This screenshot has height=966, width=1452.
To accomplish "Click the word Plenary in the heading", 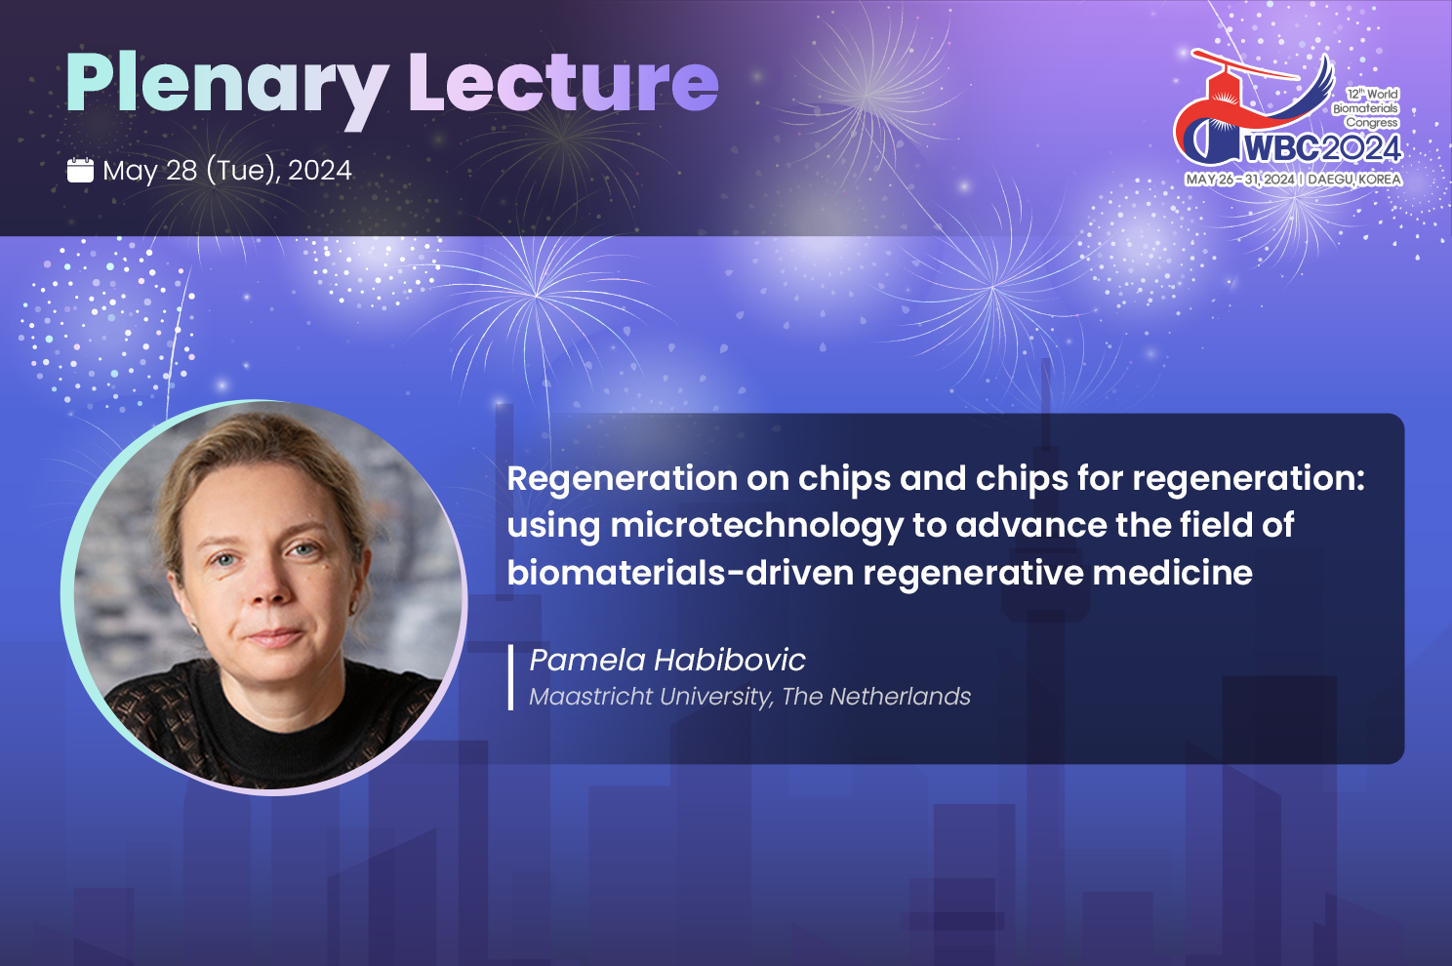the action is click(x=226, y=89).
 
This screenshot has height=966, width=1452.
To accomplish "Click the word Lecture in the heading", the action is click(x=563, y=82).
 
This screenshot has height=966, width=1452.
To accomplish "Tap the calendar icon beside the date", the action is click(x=80, y=170).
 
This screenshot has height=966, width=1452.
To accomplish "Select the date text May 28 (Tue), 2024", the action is click(x=226, y=171).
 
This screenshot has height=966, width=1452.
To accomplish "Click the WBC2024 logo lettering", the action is click(x=1322, y=148).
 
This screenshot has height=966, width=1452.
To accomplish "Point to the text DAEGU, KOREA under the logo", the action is click(x=1354, y=179).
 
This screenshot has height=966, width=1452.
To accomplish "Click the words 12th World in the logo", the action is click(x=1372, y=94).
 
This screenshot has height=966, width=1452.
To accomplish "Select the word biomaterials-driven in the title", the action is click(x=680, y=573).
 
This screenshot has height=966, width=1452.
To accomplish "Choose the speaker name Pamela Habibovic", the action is click(x=667, y=661).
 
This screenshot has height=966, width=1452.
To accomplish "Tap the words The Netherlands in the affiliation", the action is click(x=875, y=697).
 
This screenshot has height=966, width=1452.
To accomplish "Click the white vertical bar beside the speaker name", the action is click(x=510, y=677).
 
